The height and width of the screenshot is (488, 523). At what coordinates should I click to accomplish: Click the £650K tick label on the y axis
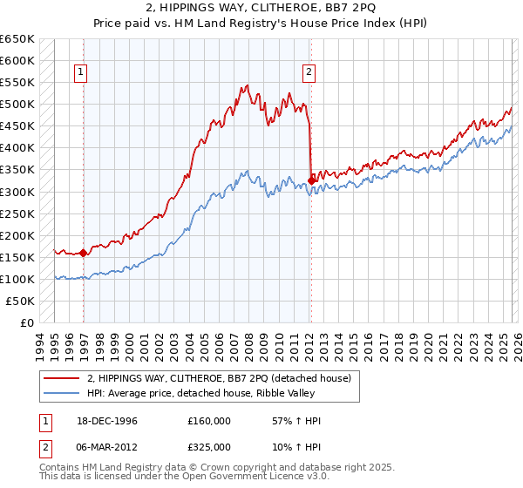[17, 39]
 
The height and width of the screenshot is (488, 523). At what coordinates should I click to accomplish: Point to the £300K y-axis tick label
[17, 192]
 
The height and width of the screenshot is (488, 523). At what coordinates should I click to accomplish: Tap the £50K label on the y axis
[21, 301]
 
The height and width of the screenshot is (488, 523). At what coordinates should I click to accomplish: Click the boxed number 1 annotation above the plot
[81, 73]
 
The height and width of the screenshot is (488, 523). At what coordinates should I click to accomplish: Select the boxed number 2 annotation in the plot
[309, 73]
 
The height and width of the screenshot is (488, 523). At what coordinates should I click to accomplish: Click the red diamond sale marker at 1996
[84, 253]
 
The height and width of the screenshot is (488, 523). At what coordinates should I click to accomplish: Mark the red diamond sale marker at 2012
[311, 180]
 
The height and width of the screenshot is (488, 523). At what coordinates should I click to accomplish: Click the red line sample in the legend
[63, 378]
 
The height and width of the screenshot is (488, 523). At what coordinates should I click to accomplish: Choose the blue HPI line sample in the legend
[63, 393]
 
